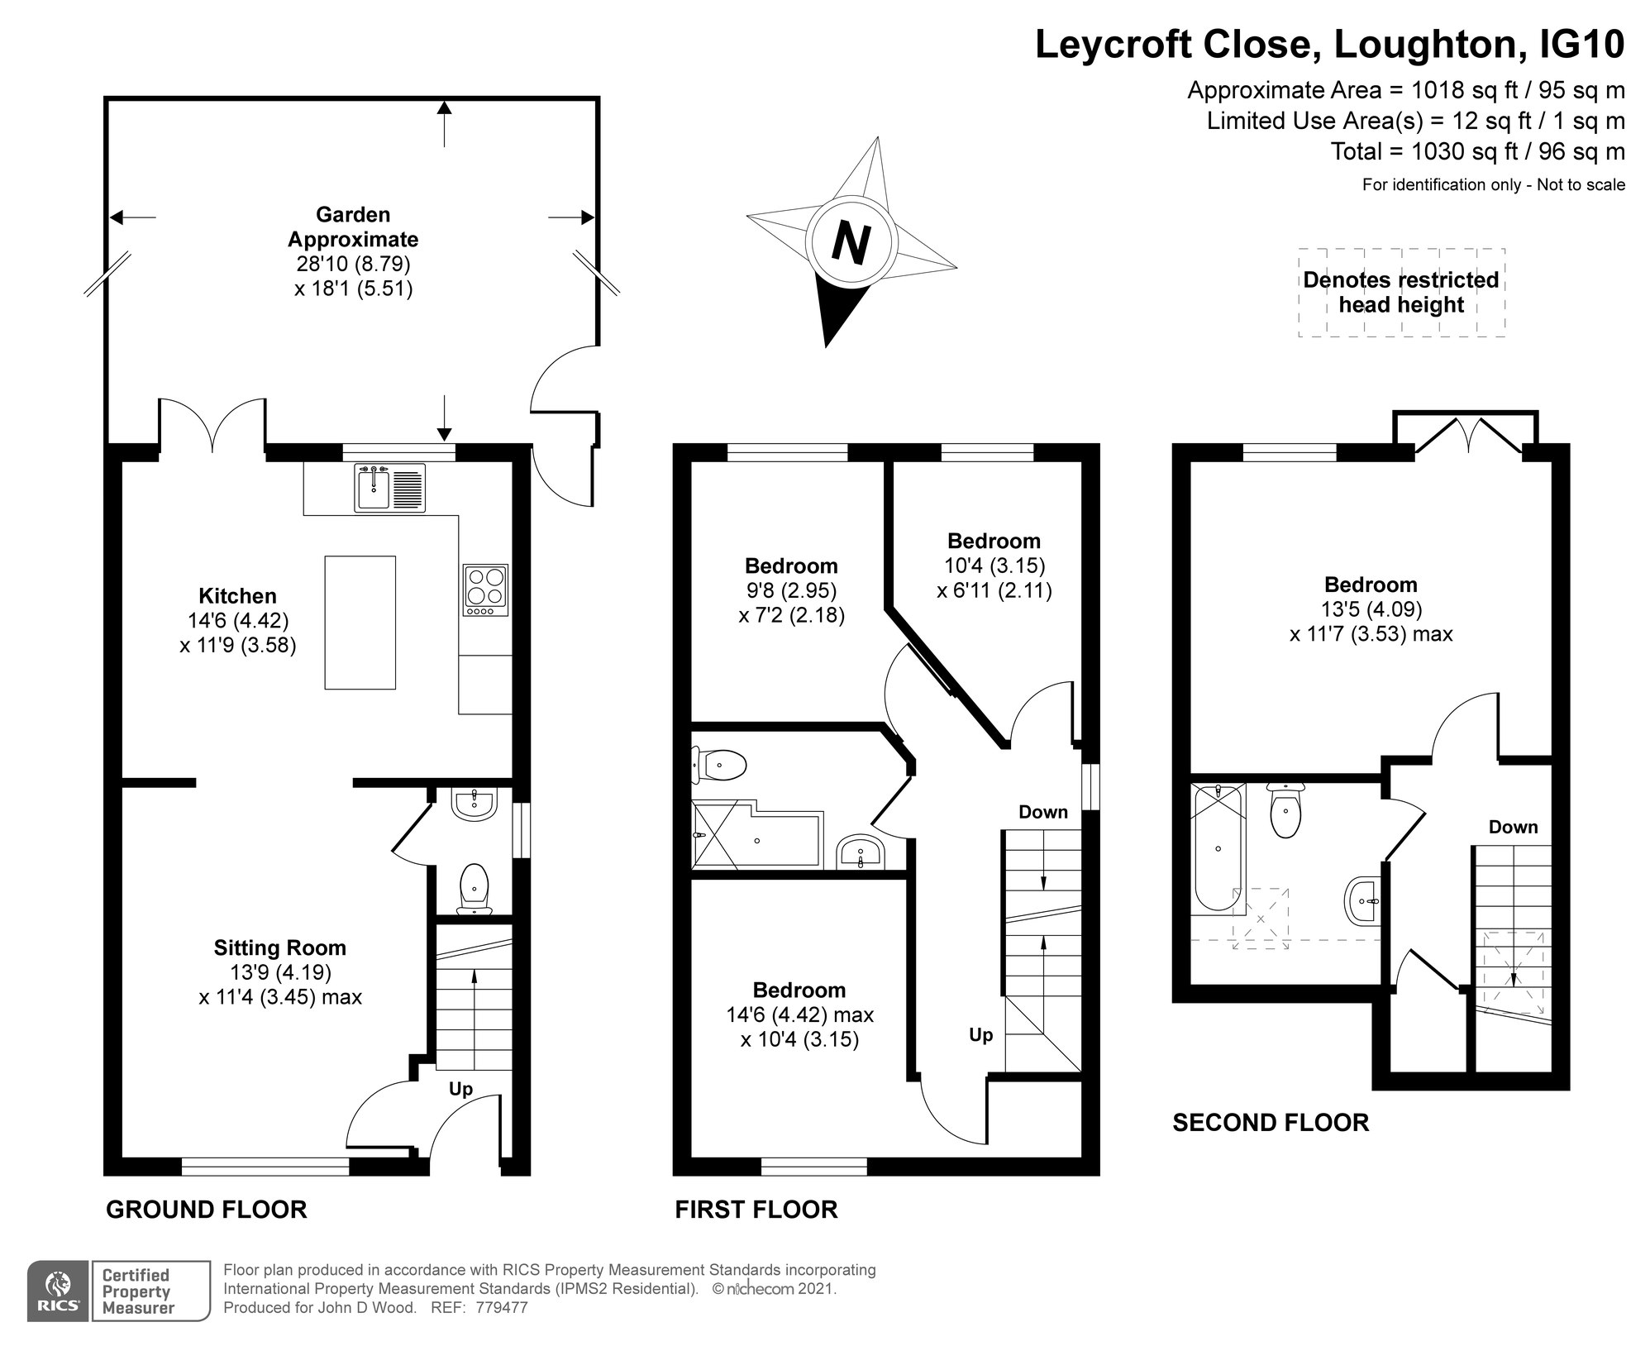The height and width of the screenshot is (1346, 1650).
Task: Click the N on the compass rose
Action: point(851,243)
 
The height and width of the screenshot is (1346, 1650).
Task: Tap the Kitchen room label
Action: point(237,595)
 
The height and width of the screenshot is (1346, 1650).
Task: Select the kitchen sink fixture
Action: point(390,488)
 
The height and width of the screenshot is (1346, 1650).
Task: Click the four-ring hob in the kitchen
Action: point(485,590)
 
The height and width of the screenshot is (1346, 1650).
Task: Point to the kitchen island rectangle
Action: point(360,623)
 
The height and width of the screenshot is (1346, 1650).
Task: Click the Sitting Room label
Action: point(279,947)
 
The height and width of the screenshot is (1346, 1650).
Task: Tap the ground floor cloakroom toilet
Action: point(474,889)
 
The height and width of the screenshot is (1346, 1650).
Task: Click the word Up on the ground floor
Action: point(460,1090)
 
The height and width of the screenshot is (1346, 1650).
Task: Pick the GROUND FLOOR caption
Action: point(207,1210)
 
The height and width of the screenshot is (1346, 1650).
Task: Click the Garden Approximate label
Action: point(353,227)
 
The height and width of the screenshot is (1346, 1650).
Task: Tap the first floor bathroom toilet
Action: point(719,765)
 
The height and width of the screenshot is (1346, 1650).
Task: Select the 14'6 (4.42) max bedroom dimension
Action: point(799,1014)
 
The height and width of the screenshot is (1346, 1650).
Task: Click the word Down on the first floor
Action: point(1043,812)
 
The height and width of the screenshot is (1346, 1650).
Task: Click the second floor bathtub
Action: point(1218,849)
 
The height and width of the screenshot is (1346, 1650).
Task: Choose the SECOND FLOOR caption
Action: point(1271,1123)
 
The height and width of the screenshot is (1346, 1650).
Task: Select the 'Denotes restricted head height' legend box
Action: point(1401,293)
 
